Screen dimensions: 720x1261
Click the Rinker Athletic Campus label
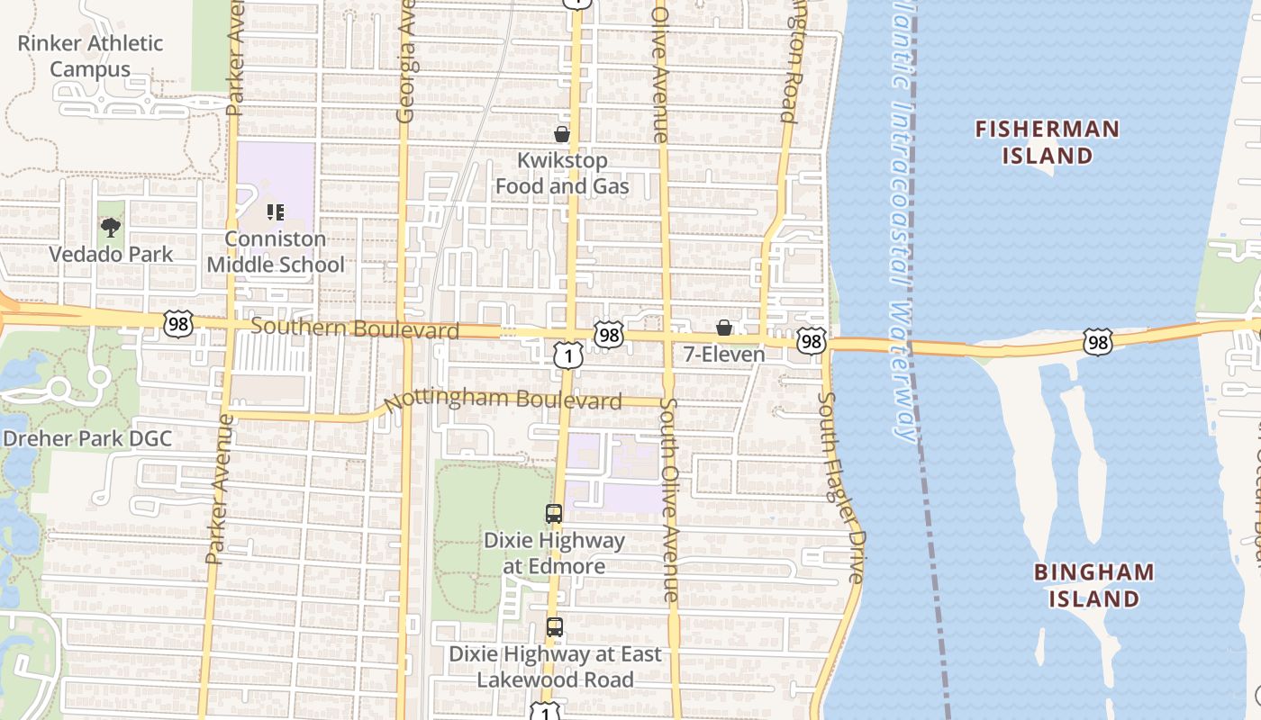click(x=90, y=56)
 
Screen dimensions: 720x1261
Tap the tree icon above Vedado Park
click(x=111, y=228)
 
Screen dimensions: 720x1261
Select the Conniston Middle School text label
click(x=276, y=252)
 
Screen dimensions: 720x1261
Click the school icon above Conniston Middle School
click(x=276, y=213)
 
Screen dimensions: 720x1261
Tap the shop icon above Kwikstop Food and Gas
click(x=562, y=135)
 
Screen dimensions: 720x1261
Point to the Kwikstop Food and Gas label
click(x=562, y=174)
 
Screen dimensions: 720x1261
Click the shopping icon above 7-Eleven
click(x=723, y=328)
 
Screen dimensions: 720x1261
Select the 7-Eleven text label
click(x=724, y=355)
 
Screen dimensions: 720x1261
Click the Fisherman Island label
click(x=1048, y=142)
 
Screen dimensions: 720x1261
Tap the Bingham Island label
click(x=1093, y=585)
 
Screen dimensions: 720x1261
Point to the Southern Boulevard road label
click(x=355, y=328)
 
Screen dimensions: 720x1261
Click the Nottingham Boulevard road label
click(x=503, y=400)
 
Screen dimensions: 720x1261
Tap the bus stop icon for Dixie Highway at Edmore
click(x=554, y=514)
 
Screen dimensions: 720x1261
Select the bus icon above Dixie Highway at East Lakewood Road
click(x=555, y=627)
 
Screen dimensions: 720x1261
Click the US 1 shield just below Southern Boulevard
click(x=567, y=356)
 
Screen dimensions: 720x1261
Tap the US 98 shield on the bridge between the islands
click(x=1098, y=341)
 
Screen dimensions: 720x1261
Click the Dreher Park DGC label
click(x=87, y=440)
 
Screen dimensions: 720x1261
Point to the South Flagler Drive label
click(x=841, y=486)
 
